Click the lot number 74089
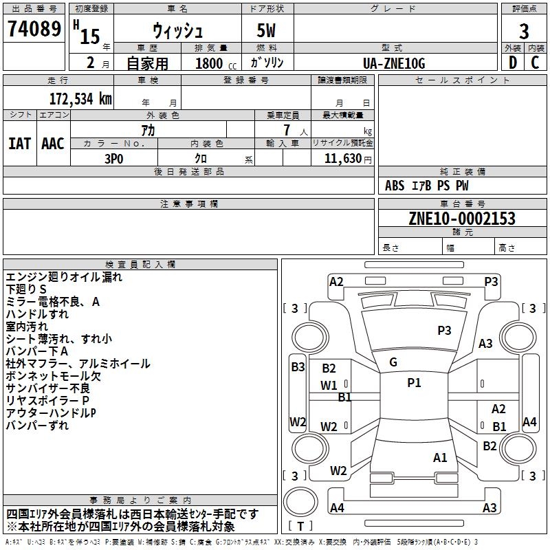click(x=34, y=28)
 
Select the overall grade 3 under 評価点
click(x=524, y=31)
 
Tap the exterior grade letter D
click(x=513, y=63)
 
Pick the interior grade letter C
click(x=535, y=63)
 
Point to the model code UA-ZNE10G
click(x=394, y=63)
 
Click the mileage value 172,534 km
click(x=80, y=99)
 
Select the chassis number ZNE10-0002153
click(x=462, y=218)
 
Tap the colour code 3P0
click(x=114, y=159)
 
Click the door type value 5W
click(x=266, y=30)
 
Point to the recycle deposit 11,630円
click(x=348, y=159)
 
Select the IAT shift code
click(x=20, y=144)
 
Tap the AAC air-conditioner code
click(x=53, y=144)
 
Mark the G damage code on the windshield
click(x=393, y=362)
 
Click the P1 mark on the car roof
click(x=414, y=383)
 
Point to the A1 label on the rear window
click(x=440, y=457)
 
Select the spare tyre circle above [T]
click(x=300, y=502)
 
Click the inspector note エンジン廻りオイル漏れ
click(x=64, y=277)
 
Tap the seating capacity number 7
click(x=287, y=130)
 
